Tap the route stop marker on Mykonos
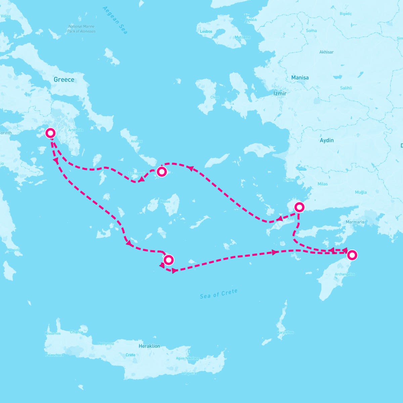point(162,172)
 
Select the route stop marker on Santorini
point(169,260)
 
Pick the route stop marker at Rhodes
point(352,255)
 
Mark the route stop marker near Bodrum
point(299,206)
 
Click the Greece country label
point(64,80)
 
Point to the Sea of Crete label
point(219,294)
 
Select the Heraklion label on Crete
point(149,346)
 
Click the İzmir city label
point(280,93)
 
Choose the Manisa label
point(300,78)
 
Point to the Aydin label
point(326,140)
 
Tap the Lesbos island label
point(206,32)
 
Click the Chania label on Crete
point(76,332)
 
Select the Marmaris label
point(355,222)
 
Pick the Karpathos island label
point(285,332)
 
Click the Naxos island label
point(165,201)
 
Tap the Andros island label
point(137,141)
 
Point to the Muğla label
point(361,192)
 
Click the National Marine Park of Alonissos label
point(81,29)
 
